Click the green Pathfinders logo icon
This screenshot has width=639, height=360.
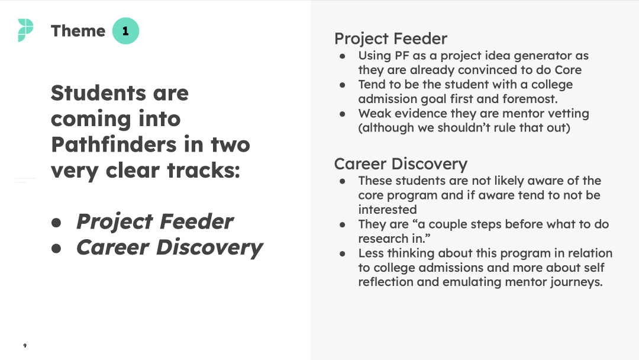(x=25, y=30)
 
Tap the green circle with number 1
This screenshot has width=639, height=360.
(x=125, y=31)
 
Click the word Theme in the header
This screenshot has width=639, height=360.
(x=78, y=31)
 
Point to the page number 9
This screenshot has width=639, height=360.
(x=25, y=346)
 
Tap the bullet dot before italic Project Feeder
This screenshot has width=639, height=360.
(x=56, y=223)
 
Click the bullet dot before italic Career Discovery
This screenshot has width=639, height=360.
(x=56, y=248)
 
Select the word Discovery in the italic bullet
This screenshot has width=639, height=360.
(x=209, y=248)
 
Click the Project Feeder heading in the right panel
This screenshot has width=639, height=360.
(x=390, y=38)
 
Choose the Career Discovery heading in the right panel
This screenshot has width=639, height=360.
(x=401, y=164)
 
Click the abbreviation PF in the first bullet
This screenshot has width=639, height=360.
(x=402, y=56)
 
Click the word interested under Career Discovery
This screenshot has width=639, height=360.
(x=387, y=210)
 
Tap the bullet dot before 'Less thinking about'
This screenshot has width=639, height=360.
(x=343, y=254)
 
